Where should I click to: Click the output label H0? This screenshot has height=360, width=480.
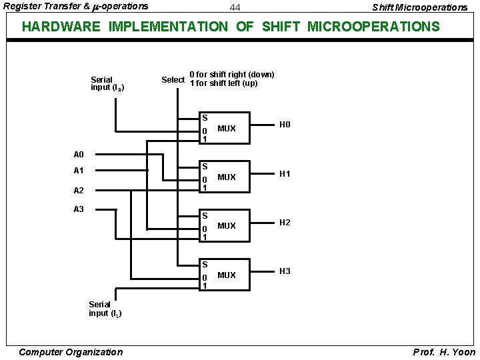(285, 125)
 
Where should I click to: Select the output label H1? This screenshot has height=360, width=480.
(285, 174)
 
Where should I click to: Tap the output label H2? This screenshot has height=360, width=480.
(285, 223)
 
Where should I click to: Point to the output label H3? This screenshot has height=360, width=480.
(285, 271)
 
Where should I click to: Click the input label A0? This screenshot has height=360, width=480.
(79, 155)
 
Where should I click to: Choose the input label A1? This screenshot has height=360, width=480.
(79, 171)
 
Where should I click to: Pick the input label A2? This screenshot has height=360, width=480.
(79, 190)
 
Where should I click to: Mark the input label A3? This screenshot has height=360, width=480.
(79, 209)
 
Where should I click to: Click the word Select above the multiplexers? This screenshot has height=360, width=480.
(173, 80)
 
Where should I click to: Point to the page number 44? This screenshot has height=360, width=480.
(235, 8)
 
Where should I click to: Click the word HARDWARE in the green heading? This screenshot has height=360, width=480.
(61, 27)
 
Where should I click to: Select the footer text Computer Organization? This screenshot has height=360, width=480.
(70, 352)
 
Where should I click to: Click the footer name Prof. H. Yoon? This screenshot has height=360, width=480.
(444, 352)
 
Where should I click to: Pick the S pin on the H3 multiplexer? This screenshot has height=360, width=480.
(205, 265)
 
